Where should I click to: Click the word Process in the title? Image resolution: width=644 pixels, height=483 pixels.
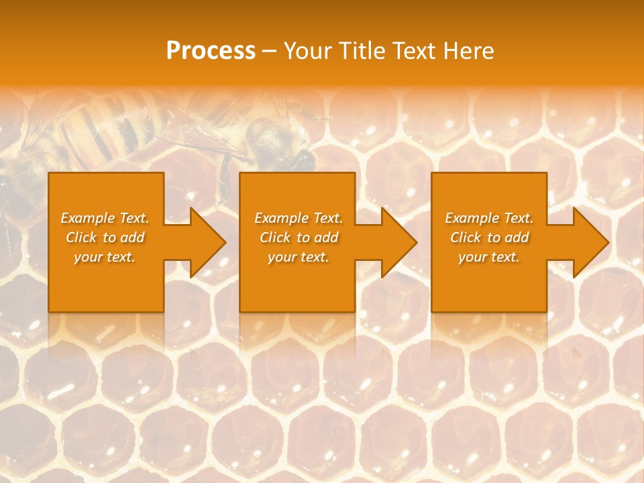(x=211, y=51)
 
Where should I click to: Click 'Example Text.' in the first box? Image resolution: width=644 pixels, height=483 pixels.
(x=105, y=218)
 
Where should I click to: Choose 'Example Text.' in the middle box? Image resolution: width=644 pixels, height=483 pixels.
(x=299, y=218)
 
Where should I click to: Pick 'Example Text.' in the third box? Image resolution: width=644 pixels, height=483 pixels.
(x=489, y=218)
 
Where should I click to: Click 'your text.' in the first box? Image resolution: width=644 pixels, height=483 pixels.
(x=105, y=257)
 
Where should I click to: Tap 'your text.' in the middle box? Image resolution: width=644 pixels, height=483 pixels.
(x=299, y=257)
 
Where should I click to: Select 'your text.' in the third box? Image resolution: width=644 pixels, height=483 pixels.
(x=489, y=257)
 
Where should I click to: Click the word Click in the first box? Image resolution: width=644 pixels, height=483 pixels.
(x=82, y=237)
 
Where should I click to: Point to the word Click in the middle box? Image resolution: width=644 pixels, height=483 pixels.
(x=276, y=237)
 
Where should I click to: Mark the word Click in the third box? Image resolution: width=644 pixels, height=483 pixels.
(x=466, y=237)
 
